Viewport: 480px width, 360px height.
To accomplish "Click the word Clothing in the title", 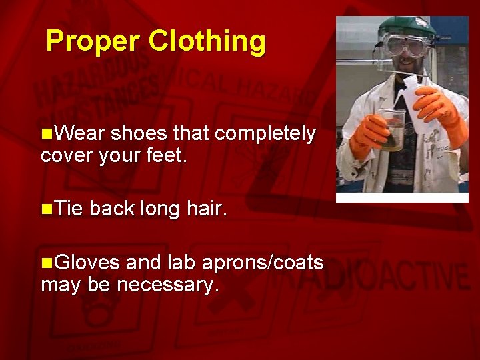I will tap(207, 41).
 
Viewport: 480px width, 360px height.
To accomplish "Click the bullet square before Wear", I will tap(46, 134).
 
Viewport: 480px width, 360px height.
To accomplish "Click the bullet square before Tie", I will tap(46, 210).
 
